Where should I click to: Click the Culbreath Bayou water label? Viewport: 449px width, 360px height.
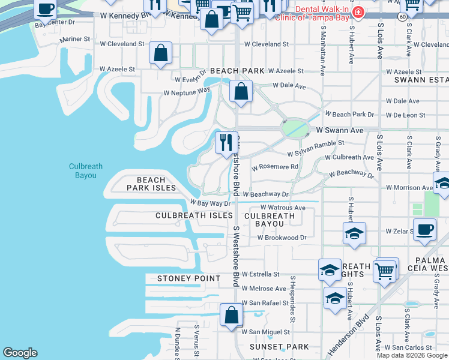(x=82, y=171)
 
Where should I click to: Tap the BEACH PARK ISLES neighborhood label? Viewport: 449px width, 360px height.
(x=151, y=184)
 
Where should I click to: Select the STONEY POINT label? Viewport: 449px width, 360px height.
(x=188, y=278)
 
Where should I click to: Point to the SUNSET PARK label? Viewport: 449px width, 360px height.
(x=279, y=347)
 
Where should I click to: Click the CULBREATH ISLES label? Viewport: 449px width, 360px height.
(x=194, y=215)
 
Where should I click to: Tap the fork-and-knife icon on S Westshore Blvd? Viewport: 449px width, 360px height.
(x=226, y=143)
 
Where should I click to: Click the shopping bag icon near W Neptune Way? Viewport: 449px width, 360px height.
(x=241, y=92)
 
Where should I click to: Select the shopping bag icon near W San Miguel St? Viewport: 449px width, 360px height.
(x=231, y=315)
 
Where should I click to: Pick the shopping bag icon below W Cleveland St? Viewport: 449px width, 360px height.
(x=161, y=53)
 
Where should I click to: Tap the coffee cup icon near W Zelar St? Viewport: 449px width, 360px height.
(x=426, y=229)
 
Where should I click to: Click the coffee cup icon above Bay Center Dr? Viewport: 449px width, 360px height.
(x=46, y=8)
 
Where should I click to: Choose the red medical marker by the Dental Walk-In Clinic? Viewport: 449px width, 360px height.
(x=358, y=12)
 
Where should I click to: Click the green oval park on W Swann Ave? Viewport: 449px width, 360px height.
(x=294, y=128)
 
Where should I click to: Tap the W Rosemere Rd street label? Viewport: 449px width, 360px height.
(x=275, y=167)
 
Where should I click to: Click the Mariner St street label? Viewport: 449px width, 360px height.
(x=74, y=39)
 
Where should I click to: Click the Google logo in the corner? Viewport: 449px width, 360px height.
(x=20, y=353)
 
